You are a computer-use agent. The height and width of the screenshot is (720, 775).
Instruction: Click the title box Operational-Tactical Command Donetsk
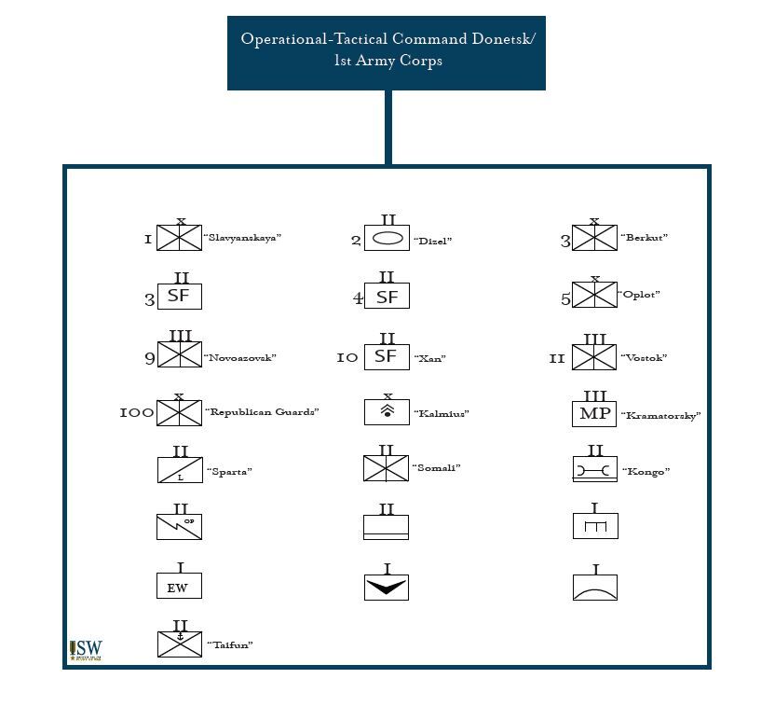[x=387, y=51]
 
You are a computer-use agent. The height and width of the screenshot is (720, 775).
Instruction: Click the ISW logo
[x=86, y=650]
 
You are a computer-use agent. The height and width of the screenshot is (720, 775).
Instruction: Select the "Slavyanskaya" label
[x=242, y=238]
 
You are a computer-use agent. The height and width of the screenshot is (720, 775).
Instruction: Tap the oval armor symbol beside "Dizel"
[x=387, y=240]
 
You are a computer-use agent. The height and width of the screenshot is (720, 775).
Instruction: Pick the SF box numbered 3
[x=179, y=297]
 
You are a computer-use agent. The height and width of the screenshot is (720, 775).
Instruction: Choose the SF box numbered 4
[x=387, y=298]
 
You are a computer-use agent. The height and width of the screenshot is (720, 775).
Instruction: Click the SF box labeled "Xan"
[x=387, y=356]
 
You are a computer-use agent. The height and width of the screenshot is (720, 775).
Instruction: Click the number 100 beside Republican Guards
[x=136, y=412]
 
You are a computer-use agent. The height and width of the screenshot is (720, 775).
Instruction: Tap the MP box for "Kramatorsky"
[x=594, y=413]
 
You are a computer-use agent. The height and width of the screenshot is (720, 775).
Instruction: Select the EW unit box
[x=179, y=587]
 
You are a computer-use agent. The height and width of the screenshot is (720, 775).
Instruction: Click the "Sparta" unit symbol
[x=179, y=469]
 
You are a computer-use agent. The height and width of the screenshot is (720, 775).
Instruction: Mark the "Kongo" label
[x=646, y=472]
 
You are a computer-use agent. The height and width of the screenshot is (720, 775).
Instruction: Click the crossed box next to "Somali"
[x=387, y=468]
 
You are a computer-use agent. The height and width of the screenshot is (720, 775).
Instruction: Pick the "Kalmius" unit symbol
[x=387, y=412]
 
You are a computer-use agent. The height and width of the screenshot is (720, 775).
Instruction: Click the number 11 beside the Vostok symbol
[x=557, y=359]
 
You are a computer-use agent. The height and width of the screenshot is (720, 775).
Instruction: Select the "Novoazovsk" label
[x=240, y=358]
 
